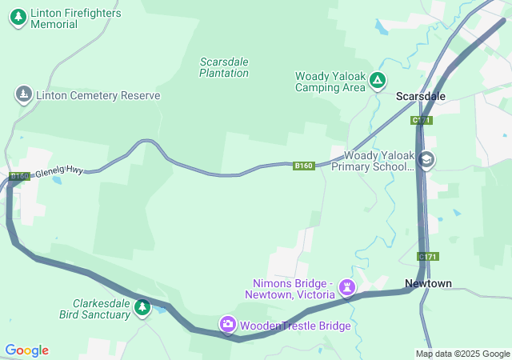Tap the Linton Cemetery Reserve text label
tap(98, 95)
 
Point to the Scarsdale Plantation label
tap(224, 67)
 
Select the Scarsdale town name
tap(421, 96)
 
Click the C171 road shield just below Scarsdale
tap(422, 120)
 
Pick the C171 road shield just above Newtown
tap(427, 256)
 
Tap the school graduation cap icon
tap(427, 161)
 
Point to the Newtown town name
tap(428, 283)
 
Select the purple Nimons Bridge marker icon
tap(347, 286)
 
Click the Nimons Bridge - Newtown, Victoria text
tap(291, 289)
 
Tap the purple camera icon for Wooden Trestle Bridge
tap(228, 324)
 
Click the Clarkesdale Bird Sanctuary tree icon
tap(142, 308)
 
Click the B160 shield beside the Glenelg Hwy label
tap(19, 176)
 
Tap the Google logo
tap(26, 350)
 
